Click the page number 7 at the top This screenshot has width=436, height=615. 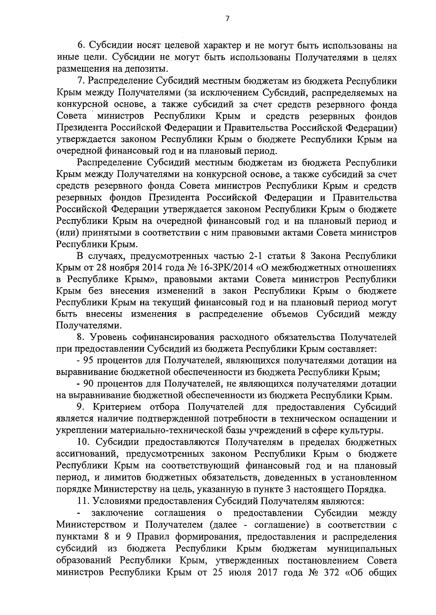(x=227, y=19)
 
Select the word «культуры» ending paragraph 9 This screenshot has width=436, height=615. (x=365, y=431)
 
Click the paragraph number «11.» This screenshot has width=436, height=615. (x=84, y=501)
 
